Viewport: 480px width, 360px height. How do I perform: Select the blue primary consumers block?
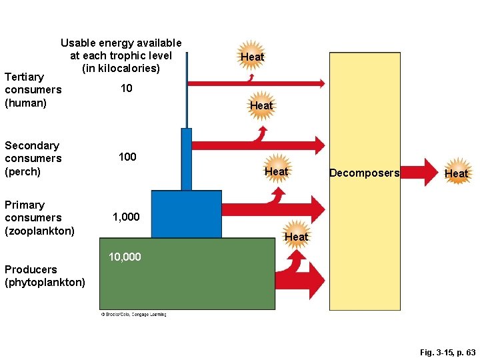click(x=186, y=214)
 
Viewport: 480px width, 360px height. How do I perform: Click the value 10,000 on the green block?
click(x=125, y=257)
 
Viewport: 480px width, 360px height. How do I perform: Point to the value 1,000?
click(x=126, y=217)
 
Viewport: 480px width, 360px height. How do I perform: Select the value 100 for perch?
click(x=127, y=157)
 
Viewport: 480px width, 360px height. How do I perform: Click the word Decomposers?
click(x=364, y=173)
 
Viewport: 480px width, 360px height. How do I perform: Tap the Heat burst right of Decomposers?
click(x=456, y=173)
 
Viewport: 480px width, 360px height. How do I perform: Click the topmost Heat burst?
click(x=252, y=57)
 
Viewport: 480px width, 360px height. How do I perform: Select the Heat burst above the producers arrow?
click(x=296, y=237)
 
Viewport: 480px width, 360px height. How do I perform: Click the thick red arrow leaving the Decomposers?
click(x=420, y=173)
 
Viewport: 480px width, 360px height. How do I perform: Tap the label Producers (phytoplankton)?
click(x=45, y=276)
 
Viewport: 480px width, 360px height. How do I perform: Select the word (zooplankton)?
click(x=39, y=231)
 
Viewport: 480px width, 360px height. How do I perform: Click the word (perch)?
click(x=23, y=171)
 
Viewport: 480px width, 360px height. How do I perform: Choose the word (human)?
click(x=25, y=103)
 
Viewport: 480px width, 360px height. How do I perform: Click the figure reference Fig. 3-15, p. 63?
click(x=447, y=351)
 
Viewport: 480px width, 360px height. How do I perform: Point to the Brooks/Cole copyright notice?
click(x=133, y=315)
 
